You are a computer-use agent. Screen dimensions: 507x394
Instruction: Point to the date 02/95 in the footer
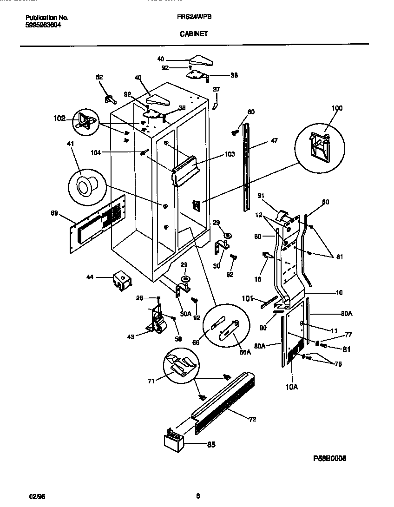point(30,496)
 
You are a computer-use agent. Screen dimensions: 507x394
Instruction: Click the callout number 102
point(59,119)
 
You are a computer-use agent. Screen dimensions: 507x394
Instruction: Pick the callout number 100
point(336,108)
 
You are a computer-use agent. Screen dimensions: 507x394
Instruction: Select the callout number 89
point(55,214)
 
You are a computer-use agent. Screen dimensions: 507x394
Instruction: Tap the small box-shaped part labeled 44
point(120,280)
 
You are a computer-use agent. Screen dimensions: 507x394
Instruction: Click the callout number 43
point(131,337)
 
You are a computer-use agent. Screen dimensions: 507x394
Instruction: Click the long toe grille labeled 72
point(223,404)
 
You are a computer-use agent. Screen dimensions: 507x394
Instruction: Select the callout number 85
point(210,444)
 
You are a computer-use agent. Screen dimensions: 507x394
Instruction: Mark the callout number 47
point(274,141)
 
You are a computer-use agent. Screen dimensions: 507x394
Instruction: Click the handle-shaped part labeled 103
point(185,170)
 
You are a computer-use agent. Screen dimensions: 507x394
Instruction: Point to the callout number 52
point(99,78)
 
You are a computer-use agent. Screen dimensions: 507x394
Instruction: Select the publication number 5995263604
point(43,26)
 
